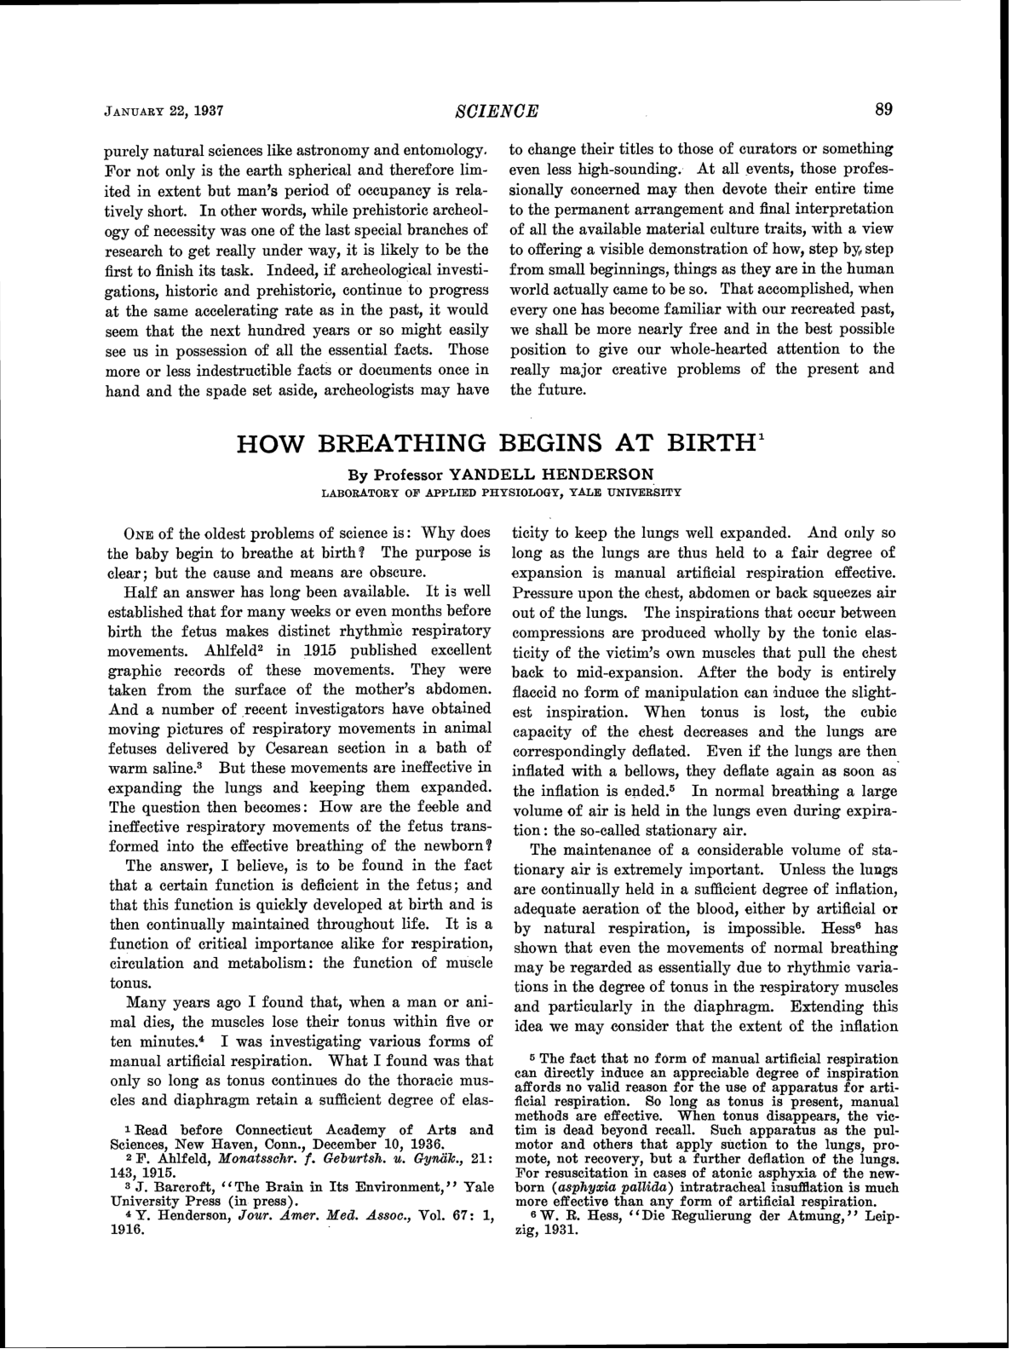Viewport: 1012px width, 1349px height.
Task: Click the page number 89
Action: pos(883,109)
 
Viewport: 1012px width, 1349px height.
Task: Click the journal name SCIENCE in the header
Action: pos(497,110)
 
